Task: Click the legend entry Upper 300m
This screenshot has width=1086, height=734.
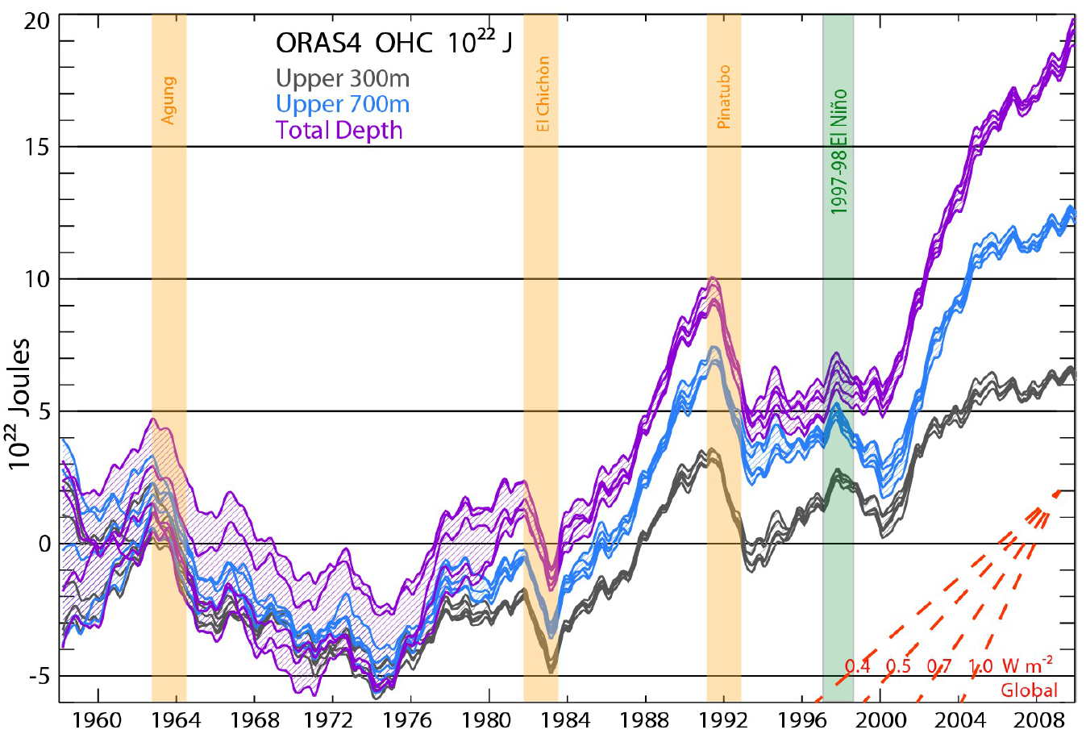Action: [342, 78]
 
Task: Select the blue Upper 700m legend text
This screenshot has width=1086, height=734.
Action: [342, 104]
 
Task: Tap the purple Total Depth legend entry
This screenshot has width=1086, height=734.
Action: [339, 130]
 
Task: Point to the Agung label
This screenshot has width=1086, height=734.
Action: [169, 100]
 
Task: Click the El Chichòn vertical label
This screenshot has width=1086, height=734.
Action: [543, 94]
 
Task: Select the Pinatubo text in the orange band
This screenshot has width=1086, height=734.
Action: [724, 97]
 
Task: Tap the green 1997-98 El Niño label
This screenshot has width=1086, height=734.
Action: [839, 152]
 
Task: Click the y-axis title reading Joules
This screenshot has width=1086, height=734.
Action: [20, 403]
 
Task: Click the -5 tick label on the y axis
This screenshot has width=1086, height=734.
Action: [36, 676]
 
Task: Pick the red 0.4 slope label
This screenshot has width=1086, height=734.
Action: [858, 666]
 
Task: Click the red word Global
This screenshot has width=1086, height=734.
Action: [1029, 690]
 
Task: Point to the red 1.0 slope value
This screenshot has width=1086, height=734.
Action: [980, 666]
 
